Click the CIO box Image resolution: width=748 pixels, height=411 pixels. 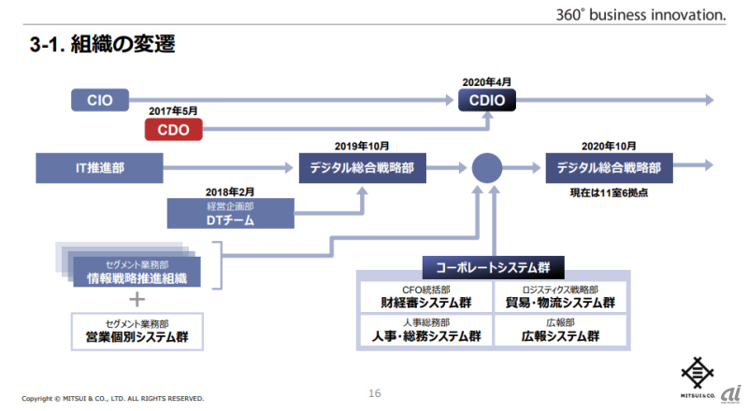tap(100, 100)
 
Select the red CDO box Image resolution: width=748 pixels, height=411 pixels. tap(174, 130)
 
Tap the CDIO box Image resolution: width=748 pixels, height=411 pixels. tap(486, 100)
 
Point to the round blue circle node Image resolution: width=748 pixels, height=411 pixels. tap(487, 169)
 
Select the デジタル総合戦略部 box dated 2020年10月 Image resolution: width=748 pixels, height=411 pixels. tap(609, 169)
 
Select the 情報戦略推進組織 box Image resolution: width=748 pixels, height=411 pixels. tap(137, 271)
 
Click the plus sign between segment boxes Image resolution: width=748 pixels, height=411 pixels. tap(137, 300)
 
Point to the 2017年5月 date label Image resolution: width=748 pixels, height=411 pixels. tap(174, 111)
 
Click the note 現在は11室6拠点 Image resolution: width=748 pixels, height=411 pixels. tap(609, 191)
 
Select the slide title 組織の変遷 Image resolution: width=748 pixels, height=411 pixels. tap(102, 43)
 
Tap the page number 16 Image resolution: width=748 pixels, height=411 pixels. tap(374, 394)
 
